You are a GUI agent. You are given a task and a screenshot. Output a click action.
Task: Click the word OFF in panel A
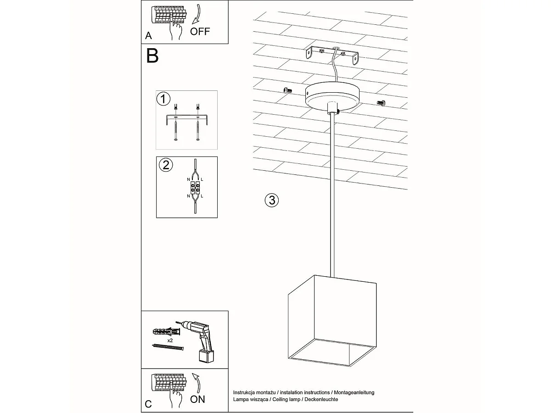(200, 31)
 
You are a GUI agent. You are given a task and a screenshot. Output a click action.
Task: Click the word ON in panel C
(197, 399)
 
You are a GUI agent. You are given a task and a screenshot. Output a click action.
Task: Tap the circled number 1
(163, 99)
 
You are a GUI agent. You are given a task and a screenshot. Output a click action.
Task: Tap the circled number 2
(165, 165)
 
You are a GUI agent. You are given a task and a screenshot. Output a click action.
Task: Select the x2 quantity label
(170, 340)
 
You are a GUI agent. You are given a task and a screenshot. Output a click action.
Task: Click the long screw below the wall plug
(167, 348)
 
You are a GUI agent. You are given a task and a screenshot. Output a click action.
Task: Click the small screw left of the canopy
(288, 91)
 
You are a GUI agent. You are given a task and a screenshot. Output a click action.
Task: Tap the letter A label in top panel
(148, 35)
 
